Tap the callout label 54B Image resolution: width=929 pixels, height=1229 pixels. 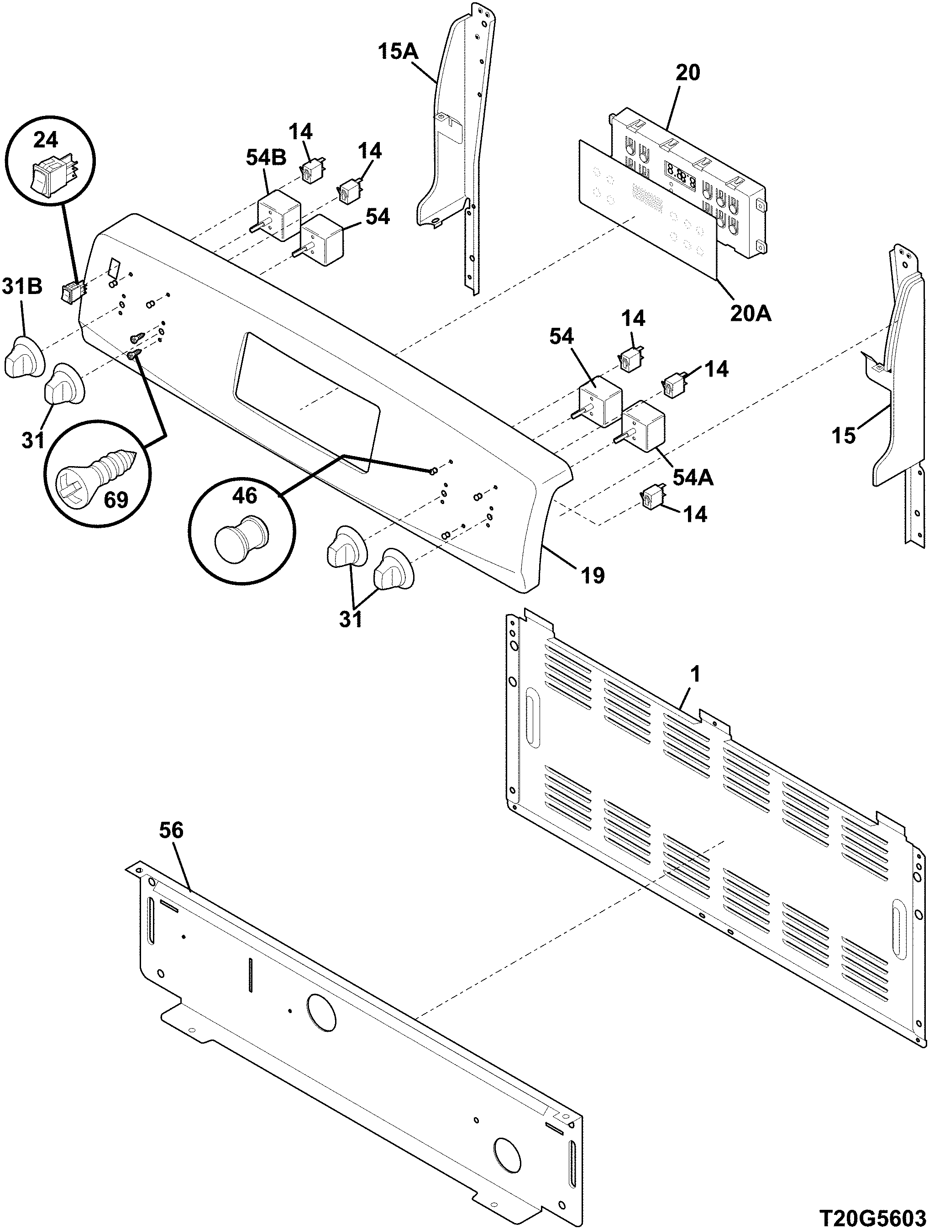pyautogui.click(x=266, y=158)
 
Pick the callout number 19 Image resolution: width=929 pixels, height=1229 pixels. pyautogui.click(x=593, y=575)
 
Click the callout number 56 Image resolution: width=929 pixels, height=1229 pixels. pyautogui.click(x=171, y=830)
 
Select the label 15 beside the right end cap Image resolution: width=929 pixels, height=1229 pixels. pyautogui.click(x=844, y=436)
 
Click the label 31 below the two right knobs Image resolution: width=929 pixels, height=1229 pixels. pyautogui.click(x=351, y=619)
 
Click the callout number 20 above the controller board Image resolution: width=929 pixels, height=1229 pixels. pyautogui.click(x=688, y=72)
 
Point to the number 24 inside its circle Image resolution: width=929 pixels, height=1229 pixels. pyautogui.click(x=46, y=140)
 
